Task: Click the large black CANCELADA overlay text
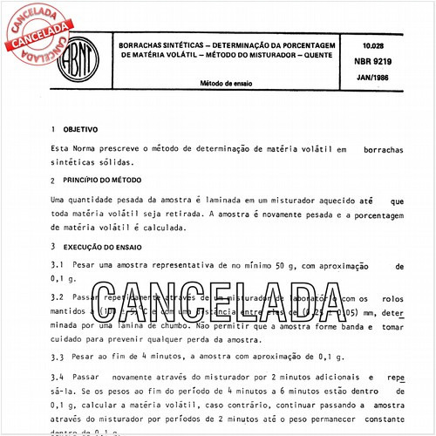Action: pyautogui.click(x=217, y=303)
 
